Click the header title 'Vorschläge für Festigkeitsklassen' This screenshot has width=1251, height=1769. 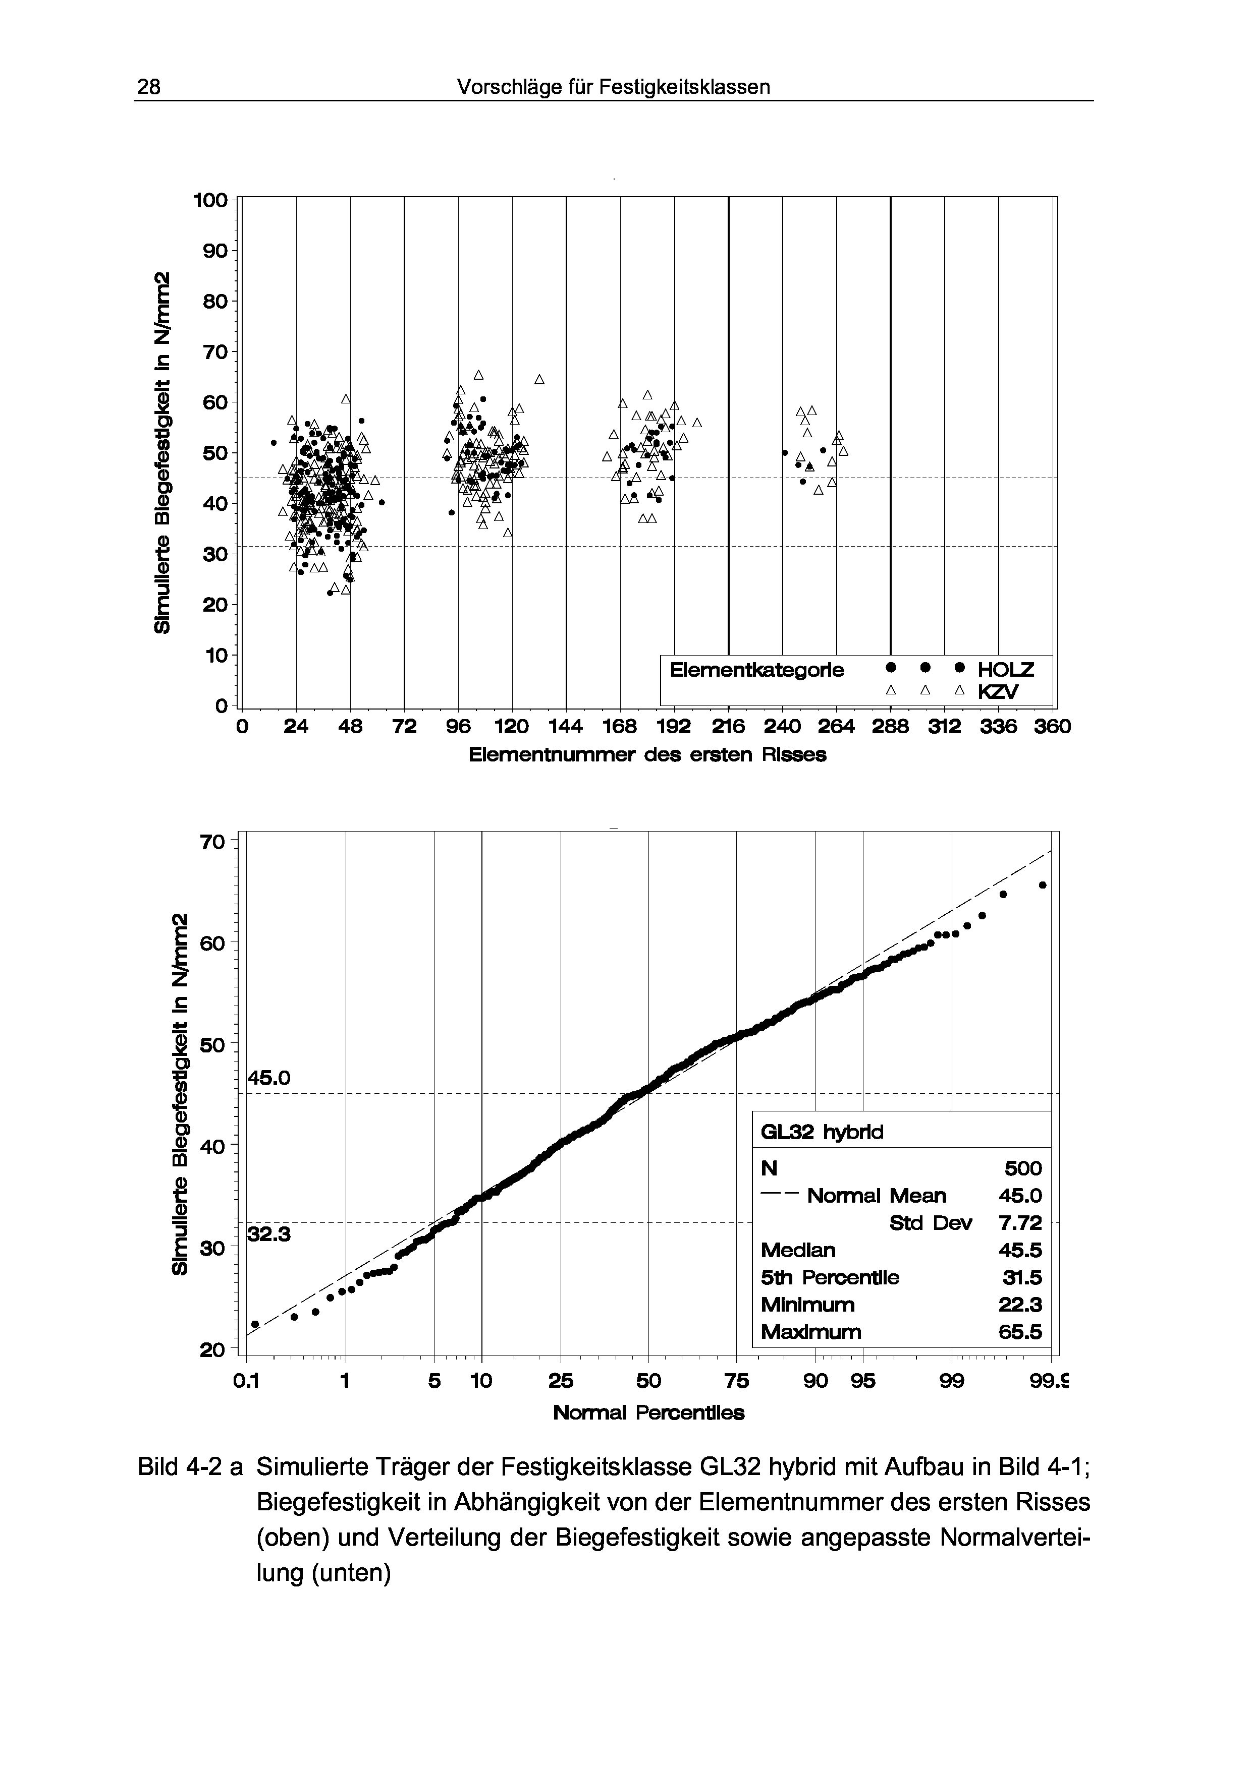(x=614, y=87)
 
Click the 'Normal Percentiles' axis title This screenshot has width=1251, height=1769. (x=649, y=1413)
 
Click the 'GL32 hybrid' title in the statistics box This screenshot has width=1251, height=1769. (x=822, y=1132)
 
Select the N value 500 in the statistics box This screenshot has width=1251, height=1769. (x=1023, y=1169)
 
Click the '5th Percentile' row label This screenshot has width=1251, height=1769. (x=830, y=1277)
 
